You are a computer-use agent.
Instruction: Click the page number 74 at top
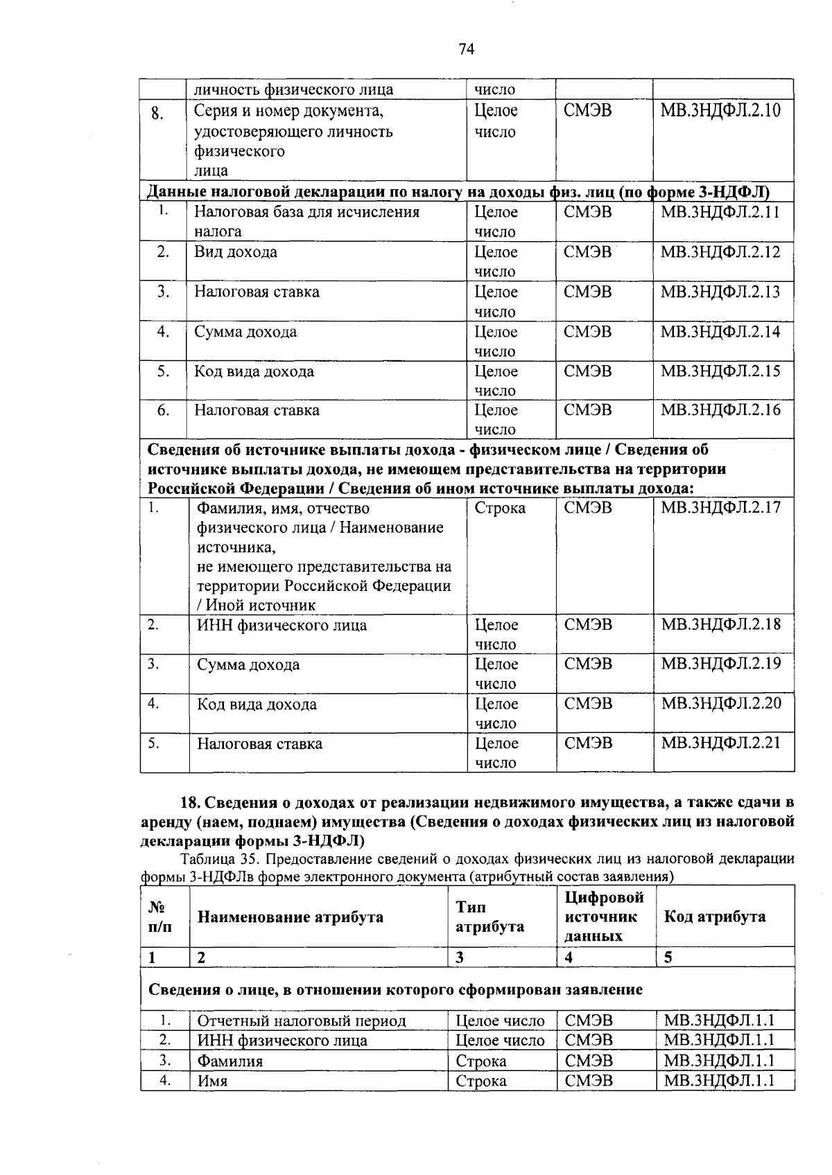(x=466, y=48)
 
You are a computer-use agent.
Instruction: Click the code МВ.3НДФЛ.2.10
(x=720, y=111)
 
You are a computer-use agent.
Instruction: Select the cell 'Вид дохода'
(x=236, y=252)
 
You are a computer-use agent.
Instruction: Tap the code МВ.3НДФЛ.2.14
(x=720, y=332)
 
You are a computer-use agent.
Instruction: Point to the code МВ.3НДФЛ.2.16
(x=720, y=410)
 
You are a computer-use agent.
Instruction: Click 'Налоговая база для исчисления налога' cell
(x=306, y=222)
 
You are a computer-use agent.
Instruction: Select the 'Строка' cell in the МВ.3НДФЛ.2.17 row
(x=500, y=509)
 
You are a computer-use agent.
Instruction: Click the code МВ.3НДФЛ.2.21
(x=720, y=743)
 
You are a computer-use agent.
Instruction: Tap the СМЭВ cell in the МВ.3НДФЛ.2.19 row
(x=588, y=664)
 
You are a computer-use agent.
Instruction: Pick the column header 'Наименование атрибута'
(x=291, y=917)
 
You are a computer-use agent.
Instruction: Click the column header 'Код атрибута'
(x=715, y=917)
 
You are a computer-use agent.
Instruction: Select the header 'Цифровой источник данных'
(x=604, y=917)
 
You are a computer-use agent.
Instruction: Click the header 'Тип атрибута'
(x=489, y=917)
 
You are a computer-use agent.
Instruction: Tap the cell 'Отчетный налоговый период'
(x=302, y=1021)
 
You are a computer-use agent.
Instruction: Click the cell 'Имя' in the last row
(x=213, y=1081)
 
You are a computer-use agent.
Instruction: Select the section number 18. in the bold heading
(x=190, y=803)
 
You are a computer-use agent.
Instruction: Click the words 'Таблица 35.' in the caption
(x=219, y=860)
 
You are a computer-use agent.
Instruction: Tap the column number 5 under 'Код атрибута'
(x=668, y=958)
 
